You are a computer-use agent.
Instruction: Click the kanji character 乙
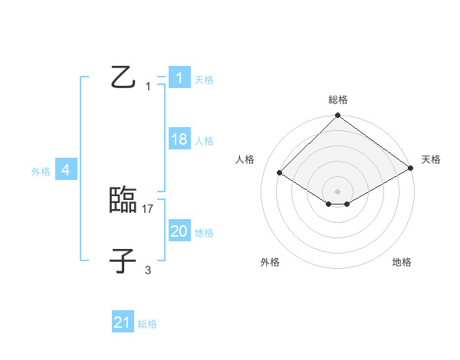[123, 77]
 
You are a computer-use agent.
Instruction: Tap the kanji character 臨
[123, 201]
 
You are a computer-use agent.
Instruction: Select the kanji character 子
[123, 260]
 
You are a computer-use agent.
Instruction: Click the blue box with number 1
[179, 78]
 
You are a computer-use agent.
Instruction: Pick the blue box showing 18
[179, 139]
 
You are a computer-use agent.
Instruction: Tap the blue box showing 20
[179, 231]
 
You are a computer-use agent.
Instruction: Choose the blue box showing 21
[122, 322]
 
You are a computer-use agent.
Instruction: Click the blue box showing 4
[66, 170]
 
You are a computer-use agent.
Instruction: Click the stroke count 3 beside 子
[148, 270]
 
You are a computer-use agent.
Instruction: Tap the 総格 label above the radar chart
[337, 100]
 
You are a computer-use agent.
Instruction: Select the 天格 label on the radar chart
[431, 159]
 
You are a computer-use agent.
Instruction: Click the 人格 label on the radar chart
[245, 159]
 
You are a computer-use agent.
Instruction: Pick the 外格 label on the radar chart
[269, 263]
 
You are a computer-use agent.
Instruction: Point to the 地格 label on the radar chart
[402, 263]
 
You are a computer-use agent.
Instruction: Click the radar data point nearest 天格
[411, 169]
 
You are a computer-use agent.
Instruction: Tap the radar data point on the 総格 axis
[337, 116]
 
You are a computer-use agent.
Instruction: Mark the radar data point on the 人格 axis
[280, 173]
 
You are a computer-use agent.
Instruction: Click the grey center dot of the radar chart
[337, 191]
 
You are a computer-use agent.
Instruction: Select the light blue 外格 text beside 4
[41, 172]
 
